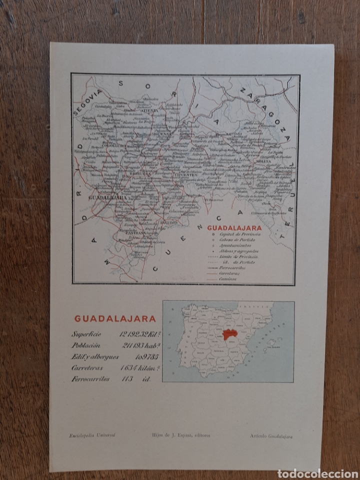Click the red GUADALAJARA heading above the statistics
[x=115, y=318]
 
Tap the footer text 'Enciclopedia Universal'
[x=92, y=435]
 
